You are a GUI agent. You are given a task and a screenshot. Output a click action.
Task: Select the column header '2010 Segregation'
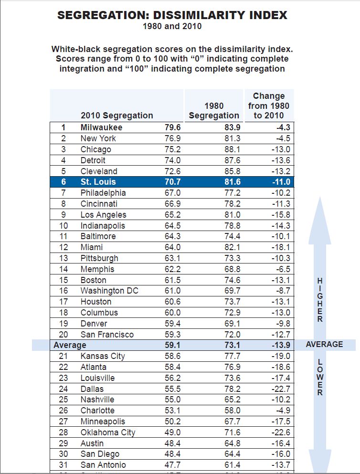coord(117,115)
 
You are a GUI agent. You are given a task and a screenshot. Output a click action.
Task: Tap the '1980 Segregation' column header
coord(214,110)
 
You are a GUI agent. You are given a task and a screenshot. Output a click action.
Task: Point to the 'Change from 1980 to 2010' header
coord(269,105)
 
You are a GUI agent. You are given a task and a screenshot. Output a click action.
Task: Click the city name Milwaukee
coord(101,127)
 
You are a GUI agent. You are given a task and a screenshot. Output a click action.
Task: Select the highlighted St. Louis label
coord(98,182)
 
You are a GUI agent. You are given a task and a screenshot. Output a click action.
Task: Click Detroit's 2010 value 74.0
coord(172,160)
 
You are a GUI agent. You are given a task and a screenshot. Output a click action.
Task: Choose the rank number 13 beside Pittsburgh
coord(64,258)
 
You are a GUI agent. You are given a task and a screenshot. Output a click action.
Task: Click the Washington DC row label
coord(109,291)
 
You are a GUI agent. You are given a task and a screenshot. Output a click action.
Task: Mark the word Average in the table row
coord(70,345)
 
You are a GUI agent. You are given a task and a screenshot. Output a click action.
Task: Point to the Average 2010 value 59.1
coord(172,345)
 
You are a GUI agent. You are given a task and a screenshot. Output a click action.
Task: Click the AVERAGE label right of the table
coord(325,344)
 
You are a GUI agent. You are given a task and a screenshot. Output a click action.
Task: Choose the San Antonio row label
coord(103,465)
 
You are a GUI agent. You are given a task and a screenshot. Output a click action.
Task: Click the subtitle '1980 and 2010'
coord(172,26)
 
